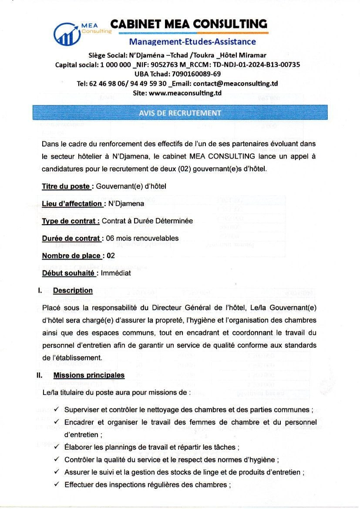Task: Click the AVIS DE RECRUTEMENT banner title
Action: [x=180, y=113]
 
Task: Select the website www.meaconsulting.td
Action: [x=185, y=93]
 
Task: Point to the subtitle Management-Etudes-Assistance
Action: [x=192, y=42]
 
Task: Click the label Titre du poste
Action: [x=66, y=186]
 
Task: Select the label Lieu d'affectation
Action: [x=72, y=204]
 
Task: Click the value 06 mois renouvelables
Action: [x=142, y=238]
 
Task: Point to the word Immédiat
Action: [x=116, y=273]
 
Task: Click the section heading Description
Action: [x=73, y=290]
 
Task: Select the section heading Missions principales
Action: [x=89, y=375]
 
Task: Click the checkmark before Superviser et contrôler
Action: [x=57, y=410]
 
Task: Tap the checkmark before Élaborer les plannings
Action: [x=57, y=447]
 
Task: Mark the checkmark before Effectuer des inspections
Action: [x=57, y=485]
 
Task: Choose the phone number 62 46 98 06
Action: [x=105, y=84]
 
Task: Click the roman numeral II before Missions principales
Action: [x=40, y=375]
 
